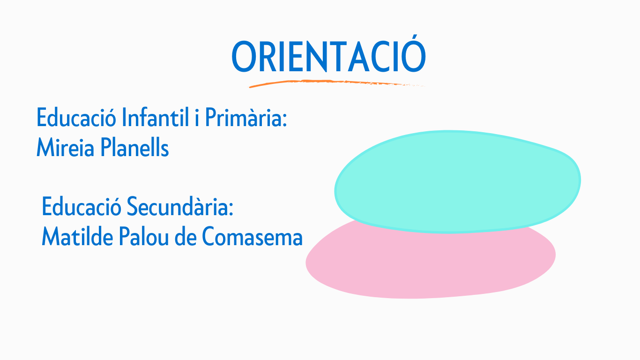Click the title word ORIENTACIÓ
coord(329,54)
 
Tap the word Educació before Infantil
coord(76,117)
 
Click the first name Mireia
coord(66,147)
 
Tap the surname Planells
coord(134,147)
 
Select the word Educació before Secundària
coord(82,206)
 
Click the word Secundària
coord(178,206)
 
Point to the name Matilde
coord(77,236)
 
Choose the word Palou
coord(144,236)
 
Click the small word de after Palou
coord(186,236)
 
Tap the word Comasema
coord(252,236)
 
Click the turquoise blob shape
coord(457,182)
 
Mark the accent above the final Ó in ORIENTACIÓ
coord(414,38)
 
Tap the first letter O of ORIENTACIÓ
coord(243,57)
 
